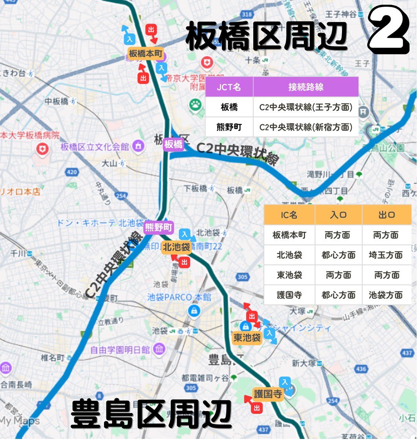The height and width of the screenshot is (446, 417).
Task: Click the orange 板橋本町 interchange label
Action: point(145,53)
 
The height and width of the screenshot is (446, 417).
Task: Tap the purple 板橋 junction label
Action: point(173,144)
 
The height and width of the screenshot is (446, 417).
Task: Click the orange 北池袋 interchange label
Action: point(176,247)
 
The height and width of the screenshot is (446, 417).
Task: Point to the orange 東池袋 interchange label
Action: point(247,338)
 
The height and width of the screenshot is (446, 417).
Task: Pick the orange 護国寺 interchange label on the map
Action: point(268,394)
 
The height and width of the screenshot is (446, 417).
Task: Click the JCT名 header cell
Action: point(229,87)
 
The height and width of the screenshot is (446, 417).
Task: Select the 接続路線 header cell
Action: point(305,87)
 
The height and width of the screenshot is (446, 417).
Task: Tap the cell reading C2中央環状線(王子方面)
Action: point(305,107)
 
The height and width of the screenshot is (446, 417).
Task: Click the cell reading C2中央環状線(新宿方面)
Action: point(305,127)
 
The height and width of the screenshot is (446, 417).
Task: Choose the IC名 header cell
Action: point(289,215)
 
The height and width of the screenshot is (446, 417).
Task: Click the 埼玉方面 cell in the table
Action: point(386,255)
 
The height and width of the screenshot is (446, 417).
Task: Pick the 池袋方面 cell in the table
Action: point(386,295)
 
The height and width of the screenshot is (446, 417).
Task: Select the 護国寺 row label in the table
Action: point(289,295)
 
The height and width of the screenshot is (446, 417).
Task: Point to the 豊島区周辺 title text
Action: point(151,414)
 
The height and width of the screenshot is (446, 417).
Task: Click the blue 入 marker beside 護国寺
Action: point(285,382)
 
